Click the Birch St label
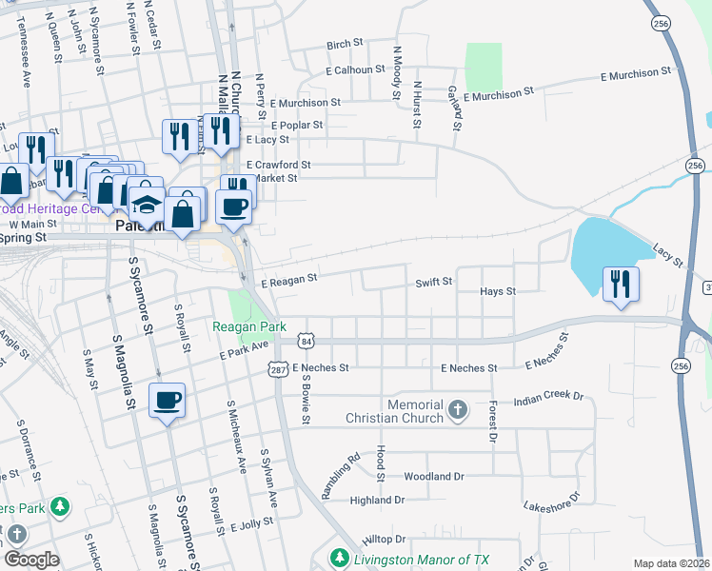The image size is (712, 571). coord(346,44)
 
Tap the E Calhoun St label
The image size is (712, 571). coord(354,69)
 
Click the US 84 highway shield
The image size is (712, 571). coord(305,341)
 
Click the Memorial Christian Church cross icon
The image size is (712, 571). coord(458,410)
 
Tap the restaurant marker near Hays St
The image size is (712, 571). coord(621,283)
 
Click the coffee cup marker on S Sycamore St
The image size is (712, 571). coord(168,400)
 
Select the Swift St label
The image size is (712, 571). coord(433,282)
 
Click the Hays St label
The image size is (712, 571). coord(498,291)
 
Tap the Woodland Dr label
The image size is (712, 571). coord(433,476)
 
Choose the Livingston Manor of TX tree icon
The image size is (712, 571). coord(338,557)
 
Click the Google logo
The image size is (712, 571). coord(30,559)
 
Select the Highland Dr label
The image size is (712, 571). coord(377,500)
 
